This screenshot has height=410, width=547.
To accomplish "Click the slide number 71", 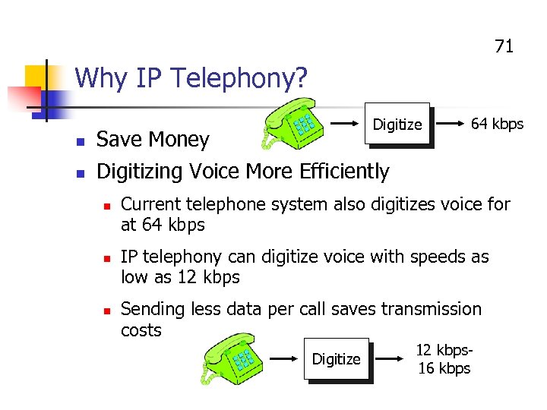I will (504, 46).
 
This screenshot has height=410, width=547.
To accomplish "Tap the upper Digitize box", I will (397, 125).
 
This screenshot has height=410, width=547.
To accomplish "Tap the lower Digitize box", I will (337, 359).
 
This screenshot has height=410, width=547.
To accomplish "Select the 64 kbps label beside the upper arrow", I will (497, 124).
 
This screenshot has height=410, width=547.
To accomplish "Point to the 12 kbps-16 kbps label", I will (444, 359).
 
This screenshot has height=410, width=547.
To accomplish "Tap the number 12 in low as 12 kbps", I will (186, 278).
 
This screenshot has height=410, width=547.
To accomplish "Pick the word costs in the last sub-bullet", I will (141, 330).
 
